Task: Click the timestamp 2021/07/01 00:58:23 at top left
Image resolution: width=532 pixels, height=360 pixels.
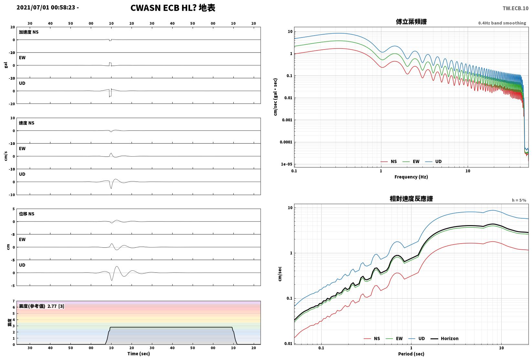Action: pyautogui.click(x=46, y=7)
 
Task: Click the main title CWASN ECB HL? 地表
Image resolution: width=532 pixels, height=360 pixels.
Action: pyautogui.click(x=173, y=8)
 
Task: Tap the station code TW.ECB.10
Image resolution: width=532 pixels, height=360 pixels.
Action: pyautogui.click(x=516, y=8)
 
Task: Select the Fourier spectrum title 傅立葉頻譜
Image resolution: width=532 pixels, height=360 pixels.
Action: pyautogui.click(x=411, y=22)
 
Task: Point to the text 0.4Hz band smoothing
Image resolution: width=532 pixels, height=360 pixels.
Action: pyautogui.click(x=502, y=23)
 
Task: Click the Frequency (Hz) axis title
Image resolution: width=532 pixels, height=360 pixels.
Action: pyautogui.click(x=411, y=177)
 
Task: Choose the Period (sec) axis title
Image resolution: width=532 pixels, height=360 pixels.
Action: pyautogui.click(x=411, y=354)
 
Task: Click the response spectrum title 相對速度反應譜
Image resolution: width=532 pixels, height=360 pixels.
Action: pyautogui.click(x=411, y=199)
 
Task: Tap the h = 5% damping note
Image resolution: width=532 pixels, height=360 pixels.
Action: pyautogui.click(x=519, y=200)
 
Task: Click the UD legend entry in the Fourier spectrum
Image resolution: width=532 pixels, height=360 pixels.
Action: pyautogui.click(x=433, y=161)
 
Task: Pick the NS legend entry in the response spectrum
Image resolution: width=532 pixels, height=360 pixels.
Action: pyautogui.click(x=372, y=338)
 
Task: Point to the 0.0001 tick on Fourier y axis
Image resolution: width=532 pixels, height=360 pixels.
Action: pyautogui.click(x=286, y=142)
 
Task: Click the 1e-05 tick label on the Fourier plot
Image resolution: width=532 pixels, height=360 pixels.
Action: pyautogui.click(x=286, y=164)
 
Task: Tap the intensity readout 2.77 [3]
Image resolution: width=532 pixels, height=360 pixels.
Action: pyautogui.click(x=56, y=306)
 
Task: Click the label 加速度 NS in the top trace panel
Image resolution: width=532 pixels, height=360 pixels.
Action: pyautogui.click(x=29, y=32)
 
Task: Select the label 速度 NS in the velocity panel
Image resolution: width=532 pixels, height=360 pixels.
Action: pyautogui.click(x=27, y=123)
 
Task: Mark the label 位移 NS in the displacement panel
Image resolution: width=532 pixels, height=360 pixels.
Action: pyautogui.click(x=27, y=214)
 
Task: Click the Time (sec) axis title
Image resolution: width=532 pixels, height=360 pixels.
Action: pyautogui.click(x=139, y=354)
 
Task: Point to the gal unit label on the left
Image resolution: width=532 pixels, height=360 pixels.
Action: pyautogui.click(x=6, y=65)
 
